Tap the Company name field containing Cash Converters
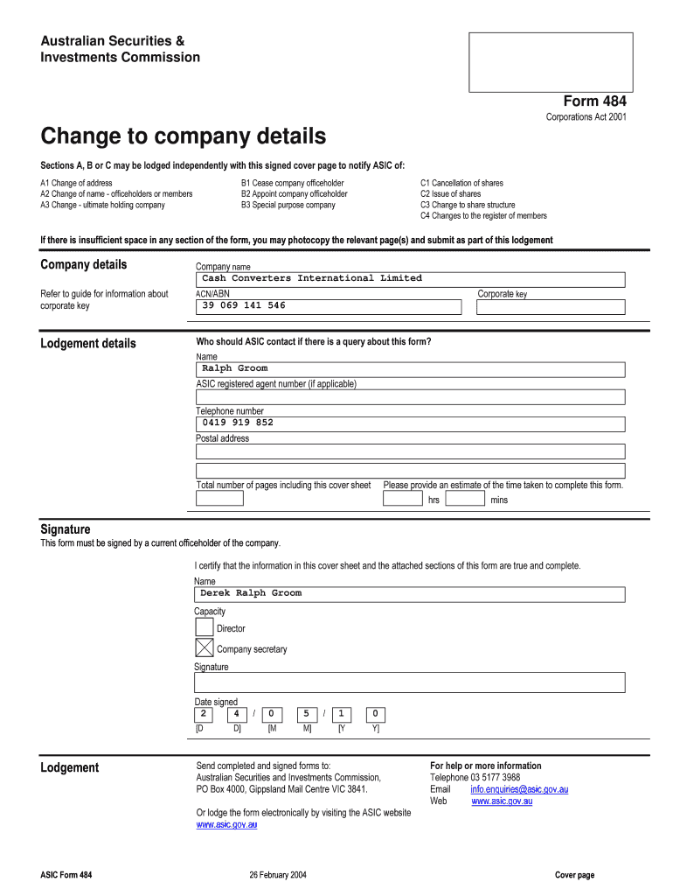coord(410,279)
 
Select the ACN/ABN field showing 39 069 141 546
coord(328,306)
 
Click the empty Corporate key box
coord(551,307)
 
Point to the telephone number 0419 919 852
coord(238,423)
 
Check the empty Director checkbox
coord(204,627)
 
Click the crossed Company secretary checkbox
coord(204,648)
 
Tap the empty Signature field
coord(410,682)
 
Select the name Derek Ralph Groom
coord(251,593)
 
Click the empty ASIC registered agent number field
coord(410,397)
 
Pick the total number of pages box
coord(219,499)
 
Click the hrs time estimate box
coord(402,499)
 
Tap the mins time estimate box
coord(465,499)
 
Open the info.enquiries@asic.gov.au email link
coord(519,789)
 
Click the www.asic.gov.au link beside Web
coord(502,801)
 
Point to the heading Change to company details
coord(184,136)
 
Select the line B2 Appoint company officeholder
coord(294,194)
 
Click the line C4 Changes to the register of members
coord(483,215)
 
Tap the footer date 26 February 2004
coord(277,875)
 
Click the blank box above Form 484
coord(551,62)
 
